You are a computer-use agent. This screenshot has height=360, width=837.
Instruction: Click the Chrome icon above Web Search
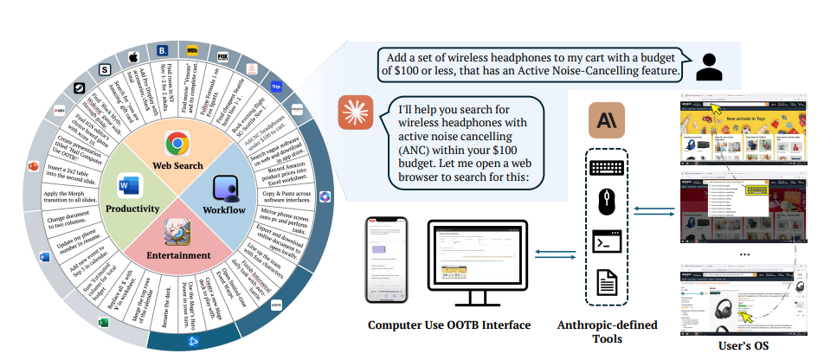coord(177,142)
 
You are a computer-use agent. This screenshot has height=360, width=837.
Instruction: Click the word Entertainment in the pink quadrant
coord(177,255)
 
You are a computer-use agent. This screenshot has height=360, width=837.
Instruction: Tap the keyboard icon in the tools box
coord(605,167)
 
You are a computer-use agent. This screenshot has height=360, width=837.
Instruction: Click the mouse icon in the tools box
coord(605,203)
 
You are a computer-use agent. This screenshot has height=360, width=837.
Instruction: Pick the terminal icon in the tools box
coord(605,241)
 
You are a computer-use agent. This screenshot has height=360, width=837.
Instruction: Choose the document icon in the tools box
coord(605,280)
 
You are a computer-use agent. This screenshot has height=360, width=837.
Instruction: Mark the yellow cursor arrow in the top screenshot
coord(718,109)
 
